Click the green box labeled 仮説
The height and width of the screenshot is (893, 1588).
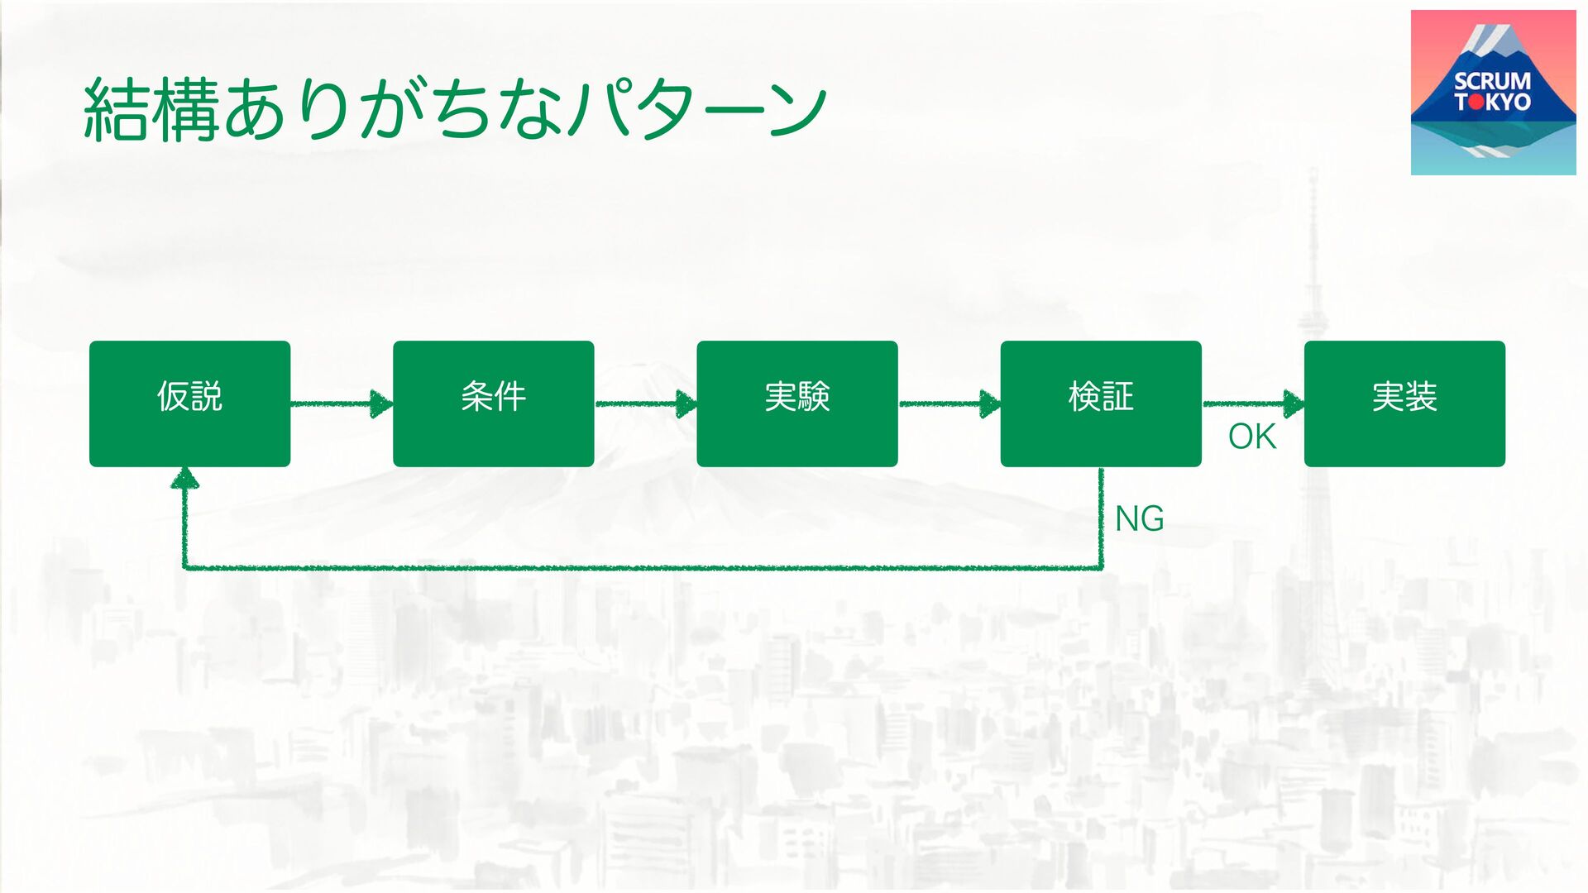[189, 404]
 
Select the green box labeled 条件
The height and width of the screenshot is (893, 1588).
[493, 404]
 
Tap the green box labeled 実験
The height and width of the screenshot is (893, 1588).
[796, 404]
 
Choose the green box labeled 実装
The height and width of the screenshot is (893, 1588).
[1404, 404]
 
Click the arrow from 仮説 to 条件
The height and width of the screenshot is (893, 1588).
[341, 404]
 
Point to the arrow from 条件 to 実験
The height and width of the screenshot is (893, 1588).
[645, 404]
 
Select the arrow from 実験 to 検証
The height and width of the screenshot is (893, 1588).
[949, 404]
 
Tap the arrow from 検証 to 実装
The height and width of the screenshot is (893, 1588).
[1252, 404]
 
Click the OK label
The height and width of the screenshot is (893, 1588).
[1252, 437]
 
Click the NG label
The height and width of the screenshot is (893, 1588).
[1139, 519]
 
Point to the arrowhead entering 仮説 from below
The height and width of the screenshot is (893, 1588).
[184, 478]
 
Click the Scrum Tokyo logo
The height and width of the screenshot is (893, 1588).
[1493, 93]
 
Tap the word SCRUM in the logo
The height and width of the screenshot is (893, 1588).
[1492, 81]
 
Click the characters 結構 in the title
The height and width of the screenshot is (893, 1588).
[151, 110]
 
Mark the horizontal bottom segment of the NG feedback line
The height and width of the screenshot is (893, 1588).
[643, 568]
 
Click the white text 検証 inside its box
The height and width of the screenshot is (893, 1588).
[1100, 396]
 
